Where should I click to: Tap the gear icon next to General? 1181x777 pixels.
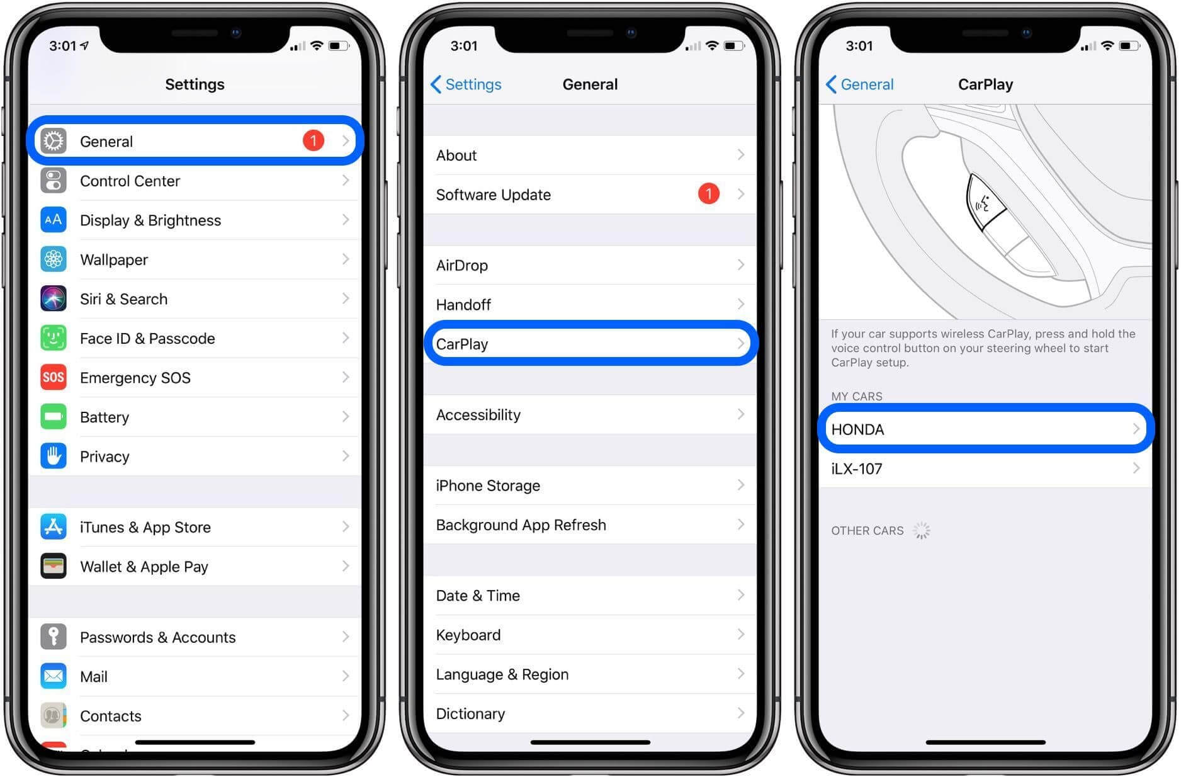pos(54,141)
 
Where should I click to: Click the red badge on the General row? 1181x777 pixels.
pos(313,140)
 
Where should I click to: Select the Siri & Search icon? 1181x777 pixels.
pos(54,298)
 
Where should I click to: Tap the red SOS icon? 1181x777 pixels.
pos(54,377)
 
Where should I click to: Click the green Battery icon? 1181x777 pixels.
pos(54,417)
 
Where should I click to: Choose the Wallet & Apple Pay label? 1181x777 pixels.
pos(144,567)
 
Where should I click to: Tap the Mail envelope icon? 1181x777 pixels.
pos(54,676)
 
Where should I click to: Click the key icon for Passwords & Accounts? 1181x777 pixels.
pos(54,637)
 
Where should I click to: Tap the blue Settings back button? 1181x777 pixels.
pos(466,84)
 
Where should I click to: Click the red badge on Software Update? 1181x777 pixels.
pos(708,194)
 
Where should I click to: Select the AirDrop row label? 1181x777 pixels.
pos(462,265)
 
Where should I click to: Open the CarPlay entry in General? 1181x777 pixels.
pos(462,344)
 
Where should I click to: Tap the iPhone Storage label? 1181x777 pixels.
pos(488,485)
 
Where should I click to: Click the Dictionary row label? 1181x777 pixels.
pos(470,713)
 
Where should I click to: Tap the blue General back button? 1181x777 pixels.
pos(860,84)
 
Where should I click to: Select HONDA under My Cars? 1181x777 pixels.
pos(857,429)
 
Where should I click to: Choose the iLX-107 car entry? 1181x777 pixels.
pos(857,468)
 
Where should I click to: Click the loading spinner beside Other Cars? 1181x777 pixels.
pos(921,531)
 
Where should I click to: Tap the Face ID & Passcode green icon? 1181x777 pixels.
pos(54,338)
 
